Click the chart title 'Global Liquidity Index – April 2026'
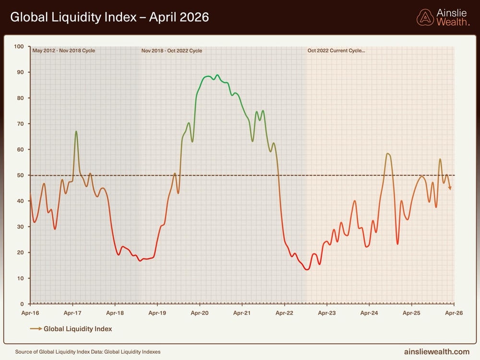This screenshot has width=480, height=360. tap(109, 18)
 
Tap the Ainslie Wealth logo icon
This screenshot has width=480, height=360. tap(425, 17)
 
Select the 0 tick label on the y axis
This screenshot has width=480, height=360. tap(22, 304)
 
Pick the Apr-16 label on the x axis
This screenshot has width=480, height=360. tap(30, 313)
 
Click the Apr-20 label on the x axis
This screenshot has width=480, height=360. tap(200, 313)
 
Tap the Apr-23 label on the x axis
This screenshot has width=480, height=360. tap(327, 313)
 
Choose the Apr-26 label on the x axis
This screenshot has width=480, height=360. tap(454, 313)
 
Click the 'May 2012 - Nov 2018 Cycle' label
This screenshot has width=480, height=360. tap(64, 50)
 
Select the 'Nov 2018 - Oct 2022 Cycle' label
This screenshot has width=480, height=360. tap(172, 50)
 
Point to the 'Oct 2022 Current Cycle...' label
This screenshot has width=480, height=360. tap(336, 50)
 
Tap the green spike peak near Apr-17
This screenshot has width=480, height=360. tap(76, 131)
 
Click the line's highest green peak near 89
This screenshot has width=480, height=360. tap(217, 75)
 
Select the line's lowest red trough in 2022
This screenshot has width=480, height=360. tap(307, 269)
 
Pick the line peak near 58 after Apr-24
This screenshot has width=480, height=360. tap(388, 154)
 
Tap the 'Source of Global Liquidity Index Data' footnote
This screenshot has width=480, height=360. tap(88, 352)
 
